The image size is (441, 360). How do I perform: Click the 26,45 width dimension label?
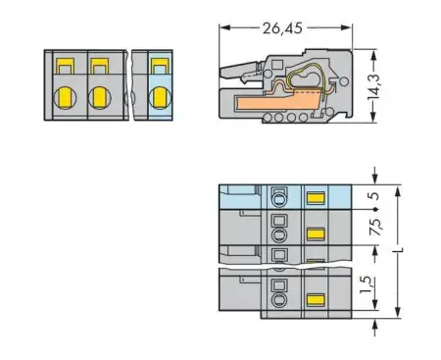point(283,27)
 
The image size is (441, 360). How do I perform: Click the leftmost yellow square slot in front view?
point(66,67)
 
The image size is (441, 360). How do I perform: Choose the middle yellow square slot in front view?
point(99,67)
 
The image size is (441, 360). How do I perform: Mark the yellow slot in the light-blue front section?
point(158,67)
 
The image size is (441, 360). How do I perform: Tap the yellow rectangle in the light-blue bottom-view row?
point(315,197)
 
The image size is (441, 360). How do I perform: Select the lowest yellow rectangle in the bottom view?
point(315,300)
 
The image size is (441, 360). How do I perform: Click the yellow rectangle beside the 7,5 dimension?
point(315,233)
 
